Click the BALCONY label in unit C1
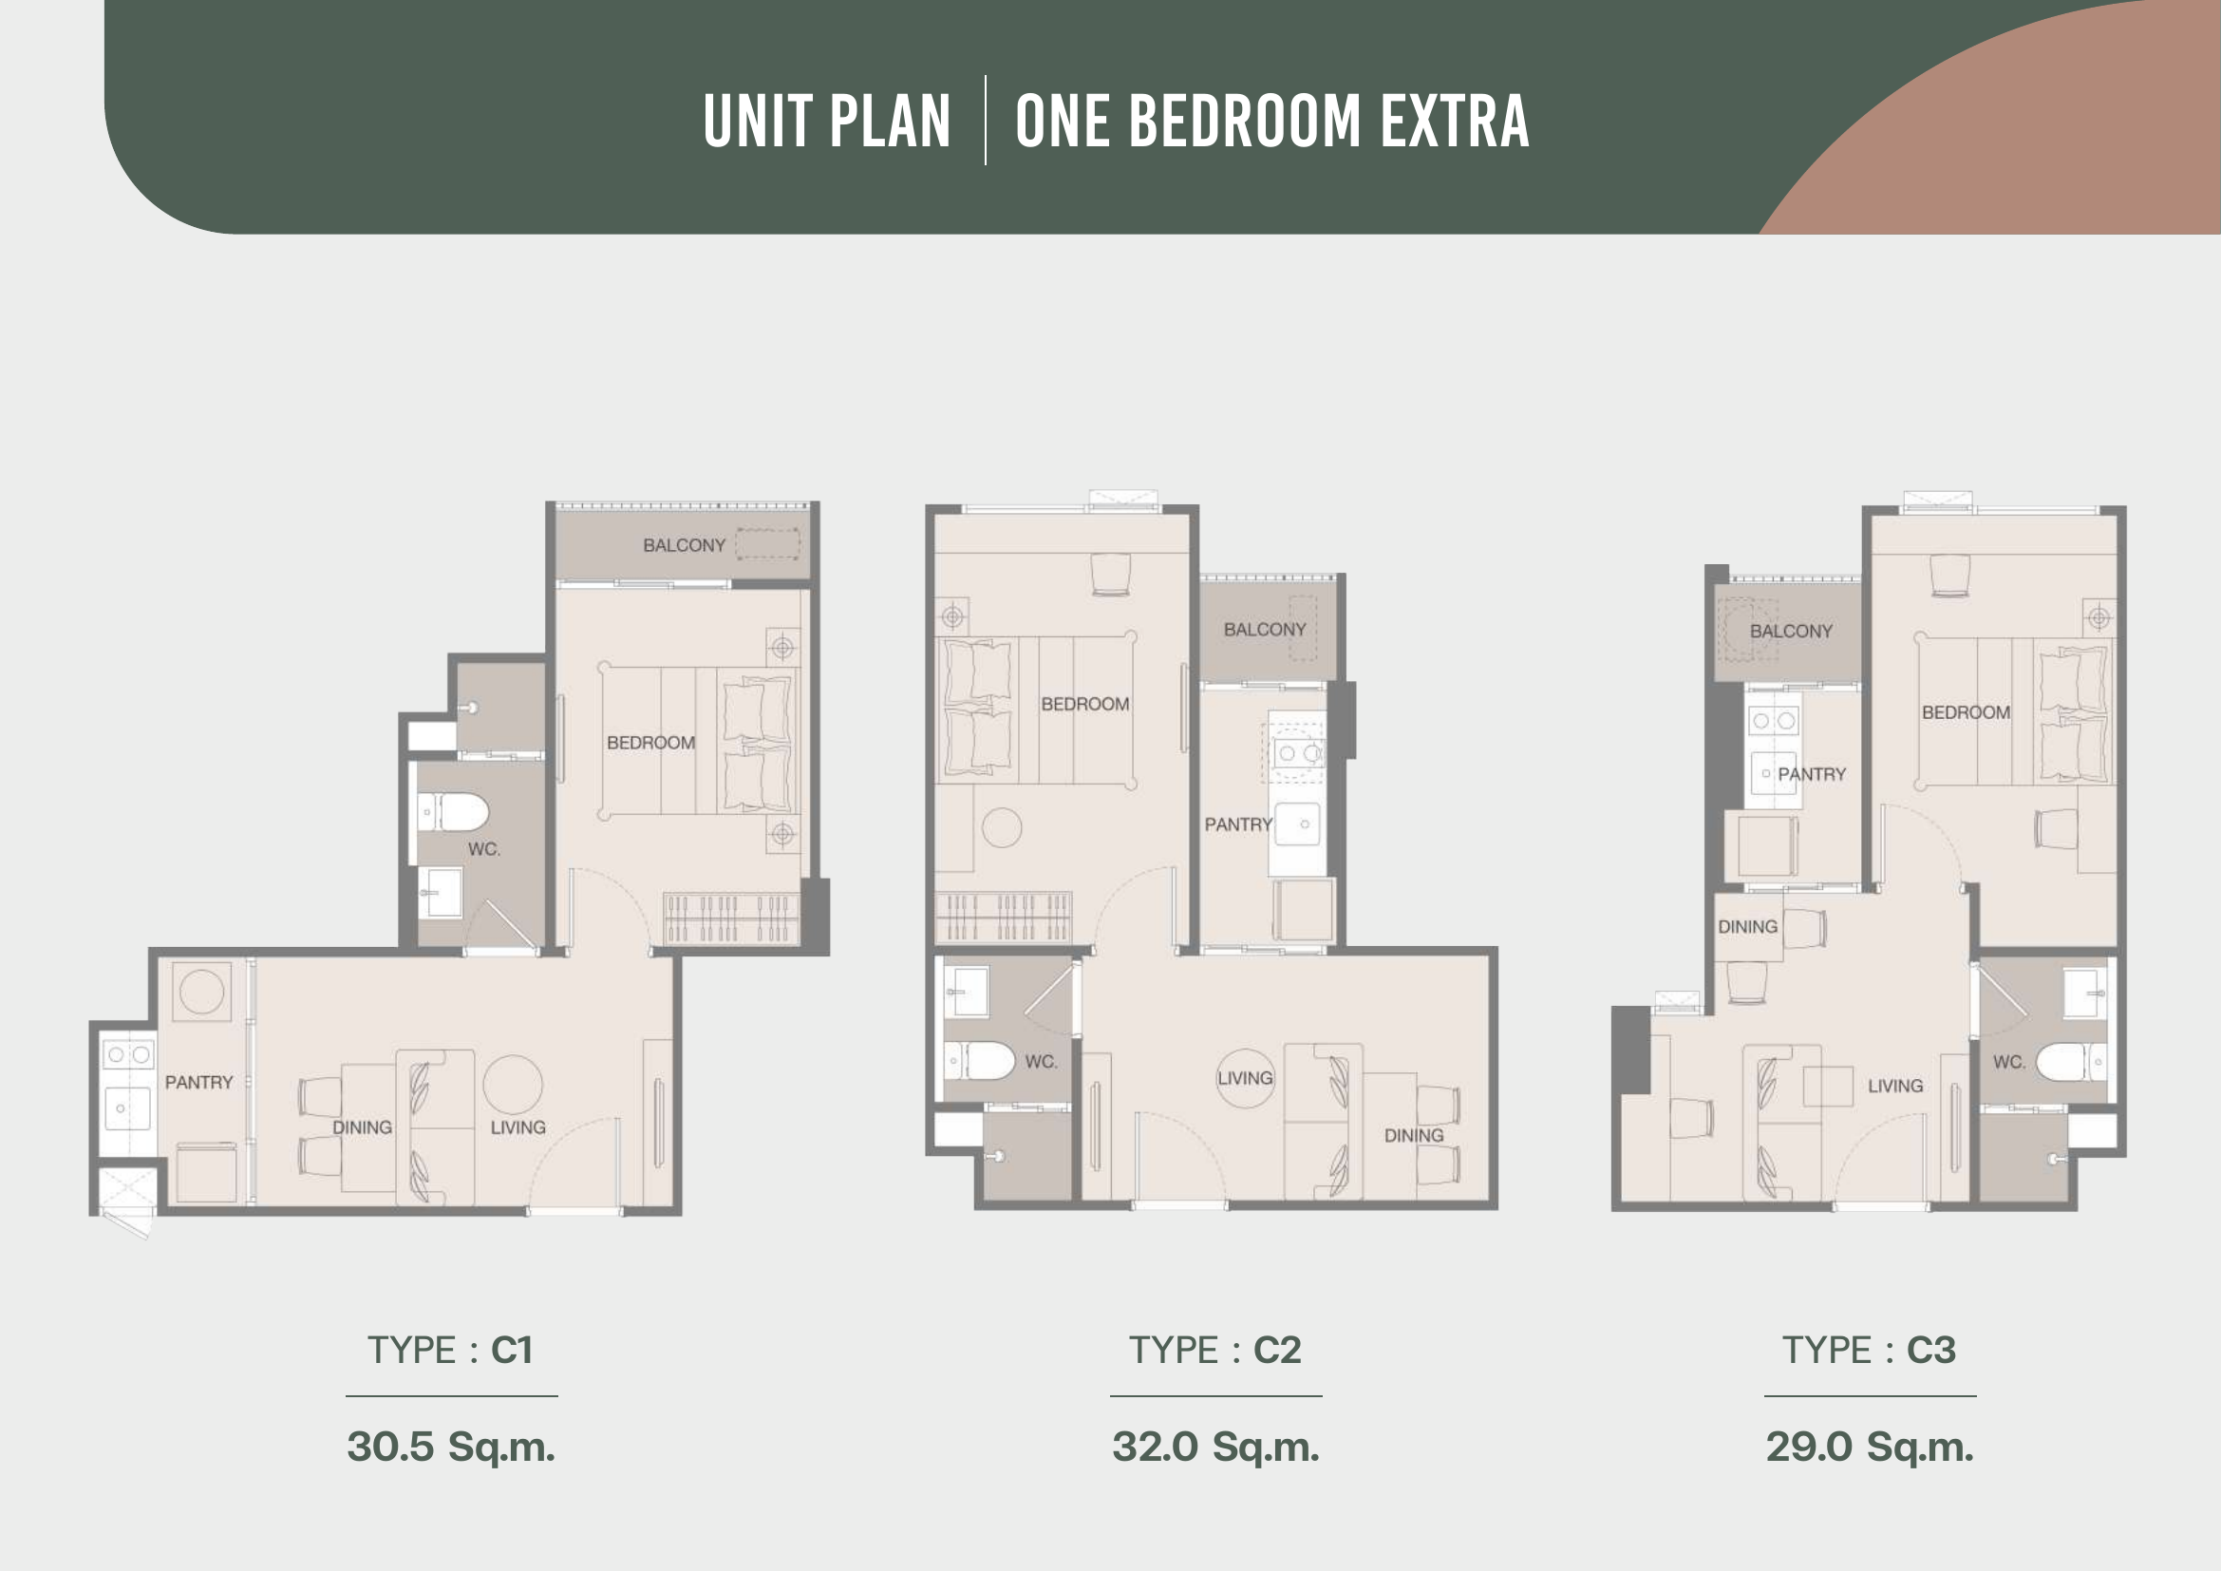684,545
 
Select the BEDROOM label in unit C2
1084,704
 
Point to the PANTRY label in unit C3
1812,774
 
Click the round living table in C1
513,1085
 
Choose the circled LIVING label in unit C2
1245,1078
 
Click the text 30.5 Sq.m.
451,1448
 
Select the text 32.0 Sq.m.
1215,1448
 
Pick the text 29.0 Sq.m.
1869,1448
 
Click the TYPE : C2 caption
1215,1350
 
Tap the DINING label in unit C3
1747,927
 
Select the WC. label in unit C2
1041,1062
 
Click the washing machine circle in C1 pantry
202,992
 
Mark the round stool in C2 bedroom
1001,828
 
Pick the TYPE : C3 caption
1869,1350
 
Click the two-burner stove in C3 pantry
1773,721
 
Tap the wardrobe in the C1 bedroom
731,918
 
